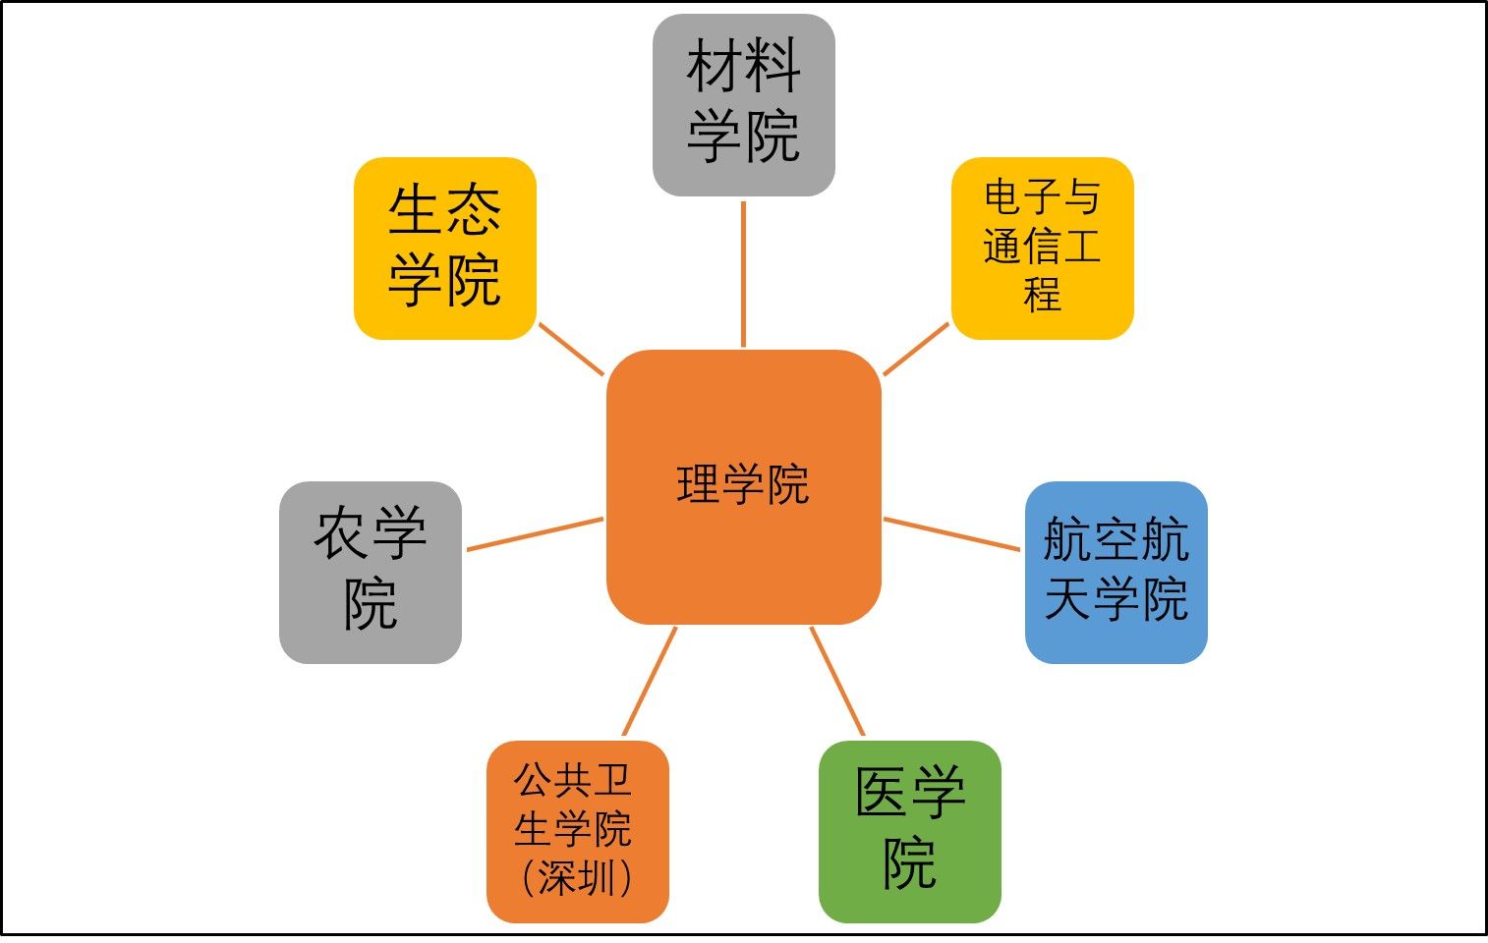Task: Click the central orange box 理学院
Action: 744,487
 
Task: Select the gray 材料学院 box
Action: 744,105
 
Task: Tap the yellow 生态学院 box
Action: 445,249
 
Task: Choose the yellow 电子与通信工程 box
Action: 1043,249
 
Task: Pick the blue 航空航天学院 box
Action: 1116,573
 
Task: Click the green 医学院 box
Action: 910,831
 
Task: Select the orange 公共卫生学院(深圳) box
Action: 578,831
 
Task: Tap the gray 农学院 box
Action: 371,573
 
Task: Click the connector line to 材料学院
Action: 743,274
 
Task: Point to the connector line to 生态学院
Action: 571,350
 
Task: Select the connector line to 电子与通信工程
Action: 916,350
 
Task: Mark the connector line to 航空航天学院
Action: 952,534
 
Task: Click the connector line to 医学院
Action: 837,681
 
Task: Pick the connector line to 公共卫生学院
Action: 650,681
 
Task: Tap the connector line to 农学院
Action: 536,534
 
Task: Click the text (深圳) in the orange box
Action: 577,878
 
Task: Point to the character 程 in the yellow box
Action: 1042,294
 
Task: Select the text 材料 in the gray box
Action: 743,65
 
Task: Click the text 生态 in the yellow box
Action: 444,210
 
